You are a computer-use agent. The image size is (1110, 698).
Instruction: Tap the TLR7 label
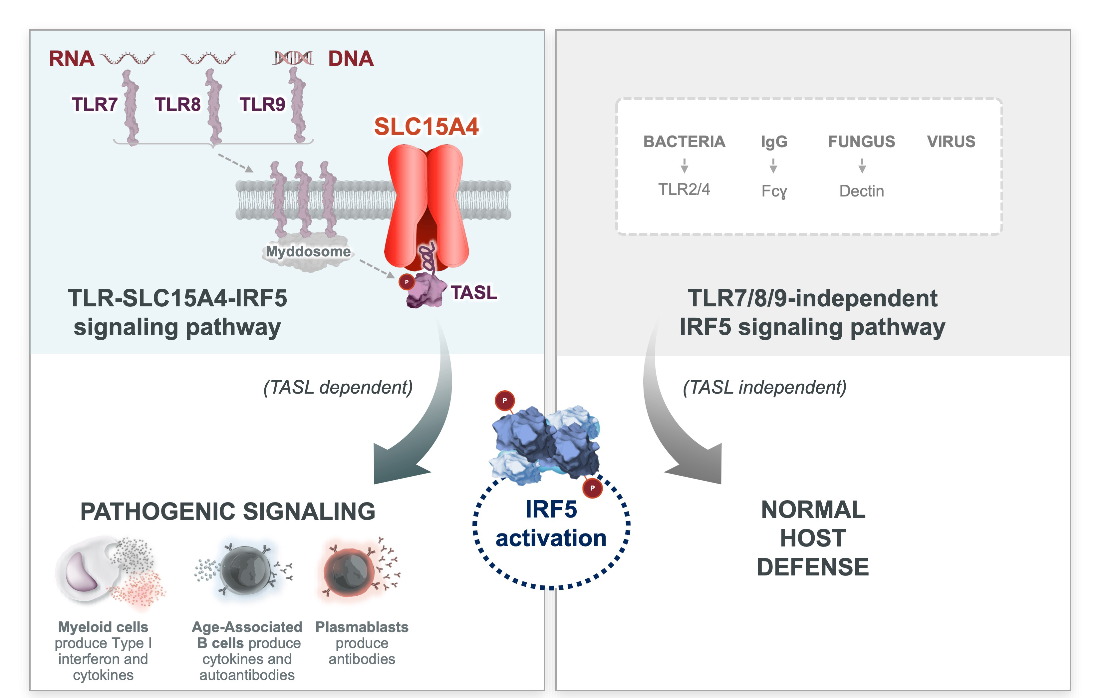pyautogui.click(x=95, y=105)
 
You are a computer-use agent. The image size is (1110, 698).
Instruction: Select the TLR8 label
pyautogui.click(x=177, y=105)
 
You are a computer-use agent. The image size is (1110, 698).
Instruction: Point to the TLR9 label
pyautogui.click(x=262, y=105)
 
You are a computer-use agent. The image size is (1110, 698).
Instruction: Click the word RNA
pyautogui.click(x=72, y=59)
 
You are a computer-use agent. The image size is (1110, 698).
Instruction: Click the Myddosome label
pyautogui.click(x=308, y=252)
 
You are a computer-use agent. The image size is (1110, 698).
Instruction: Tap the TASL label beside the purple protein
pyautogui.click(x=474, y=293)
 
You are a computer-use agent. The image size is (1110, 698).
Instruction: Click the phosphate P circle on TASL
pyautogui.click(x=407, y=282)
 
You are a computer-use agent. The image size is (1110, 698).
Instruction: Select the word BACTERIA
pyautogui.click(x=684, y=142)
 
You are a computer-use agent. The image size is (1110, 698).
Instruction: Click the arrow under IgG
pyautogui.click(x=773, y=166)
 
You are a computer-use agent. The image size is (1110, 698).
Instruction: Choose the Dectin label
pyautogui.click(x=862, y=191)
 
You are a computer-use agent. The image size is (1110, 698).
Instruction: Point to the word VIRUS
pyautogui.click(x=951, y=142)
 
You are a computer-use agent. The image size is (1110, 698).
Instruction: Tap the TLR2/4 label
pyautogui.click(x=684, y=189)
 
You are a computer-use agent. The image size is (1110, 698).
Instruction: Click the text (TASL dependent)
pyautogui.click(x=338, y=387)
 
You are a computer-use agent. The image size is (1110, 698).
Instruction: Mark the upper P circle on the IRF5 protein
pyautogui.click(x=505, y=401)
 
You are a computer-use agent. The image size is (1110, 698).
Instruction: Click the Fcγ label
pyautogui.click(x=774, y=191)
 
